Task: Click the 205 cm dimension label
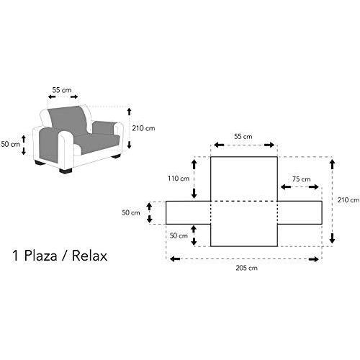point(247,268)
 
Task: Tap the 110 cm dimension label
point(179,179)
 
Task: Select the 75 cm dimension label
point(302,179)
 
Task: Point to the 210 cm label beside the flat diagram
point(348,200)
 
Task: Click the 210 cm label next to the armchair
point(143,128)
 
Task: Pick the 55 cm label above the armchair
point(62,90)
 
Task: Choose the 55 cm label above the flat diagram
point(243,137)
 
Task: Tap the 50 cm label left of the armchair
point(11,144)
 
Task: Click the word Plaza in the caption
point(40,256)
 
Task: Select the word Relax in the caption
point(89,256)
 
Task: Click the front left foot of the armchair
point(66,171)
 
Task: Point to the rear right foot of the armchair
point(116,156)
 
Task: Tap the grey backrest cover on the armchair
point(68,120)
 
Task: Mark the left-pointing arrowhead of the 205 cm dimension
point(174,259)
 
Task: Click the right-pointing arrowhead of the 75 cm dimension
point(314,187)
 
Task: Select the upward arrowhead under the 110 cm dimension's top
point(194,164)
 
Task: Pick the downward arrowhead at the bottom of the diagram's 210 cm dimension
point(332,238)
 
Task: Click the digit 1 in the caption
point(15,256)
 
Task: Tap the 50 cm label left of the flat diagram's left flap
point(131,212)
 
